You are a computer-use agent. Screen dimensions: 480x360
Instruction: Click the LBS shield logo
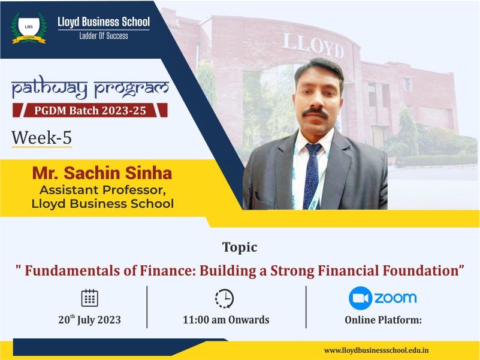point(29,28)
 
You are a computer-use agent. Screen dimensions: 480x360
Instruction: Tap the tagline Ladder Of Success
point(104,36)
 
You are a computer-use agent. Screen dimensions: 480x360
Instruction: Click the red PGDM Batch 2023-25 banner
point(90,110)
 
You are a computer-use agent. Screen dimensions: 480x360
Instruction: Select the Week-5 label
point(41,137)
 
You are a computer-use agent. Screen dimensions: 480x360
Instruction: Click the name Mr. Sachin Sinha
point(102,173)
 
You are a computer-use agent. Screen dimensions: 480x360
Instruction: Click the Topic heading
point(240,247)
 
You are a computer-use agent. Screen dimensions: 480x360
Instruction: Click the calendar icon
point(90,298)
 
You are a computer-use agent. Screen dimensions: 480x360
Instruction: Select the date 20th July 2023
point(90,320)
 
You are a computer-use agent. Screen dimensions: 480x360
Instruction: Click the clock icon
point(224,298)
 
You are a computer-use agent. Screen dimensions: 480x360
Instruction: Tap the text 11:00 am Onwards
point(227,320)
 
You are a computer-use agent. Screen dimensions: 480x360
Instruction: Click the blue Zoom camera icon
point(360,298)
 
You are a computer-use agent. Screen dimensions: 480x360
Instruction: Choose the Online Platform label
point(384,320)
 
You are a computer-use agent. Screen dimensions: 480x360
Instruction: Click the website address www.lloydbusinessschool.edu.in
point(376,350)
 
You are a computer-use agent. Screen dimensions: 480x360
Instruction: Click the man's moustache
point(315,113)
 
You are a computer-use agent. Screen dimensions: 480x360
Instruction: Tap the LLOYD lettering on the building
point(313,46)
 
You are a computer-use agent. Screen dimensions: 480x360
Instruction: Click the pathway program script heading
point(90,89)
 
